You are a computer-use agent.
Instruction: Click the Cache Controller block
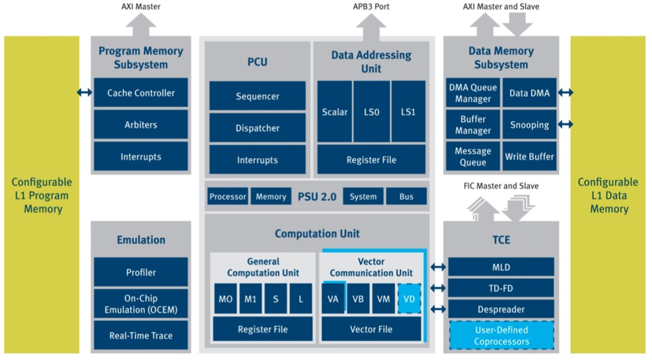(x=140, y=93)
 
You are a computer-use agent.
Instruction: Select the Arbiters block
(x=140, y=124)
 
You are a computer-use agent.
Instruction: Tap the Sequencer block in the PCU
(x=257, y=96)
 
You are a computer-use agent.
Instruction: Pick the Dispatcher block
(x=257, y=128)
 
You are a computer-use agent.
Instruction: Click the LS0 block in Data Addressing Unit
(x=371, y=111)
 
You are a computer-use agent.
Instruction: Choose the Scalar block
(x=334, y=111)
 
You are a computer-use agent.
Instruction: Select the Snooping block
(x=529, y=124)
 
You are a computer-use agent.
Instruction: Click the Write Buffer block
(x=529, y=156)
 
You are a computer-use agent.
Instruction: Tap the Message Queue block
(x=473, y=156)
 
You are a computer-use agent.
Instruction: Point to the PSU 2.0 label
(x=317, y=196)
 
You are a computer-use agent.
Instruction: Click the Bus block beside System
(x=407, y=196)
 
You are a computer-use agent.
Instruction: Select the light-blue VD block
(x=409, y=298)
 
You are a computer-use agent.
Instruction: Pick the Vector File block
(x=371, y=329)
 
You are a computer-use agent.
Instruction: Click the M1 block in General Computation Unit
(x=250, y=298)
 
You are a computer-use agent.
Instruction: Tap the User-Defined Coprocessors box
(x=502, y=335)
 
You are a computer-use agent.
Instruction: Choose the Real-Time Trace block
(x=140, y=335)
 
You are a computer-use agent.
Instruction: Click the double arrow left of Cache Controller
(x=85, y=93)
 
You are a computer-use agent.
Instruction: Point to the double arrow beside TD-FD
(x=438, y=288)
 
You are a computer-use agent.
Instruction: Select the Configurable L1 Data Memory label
(x=608, y=195)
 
